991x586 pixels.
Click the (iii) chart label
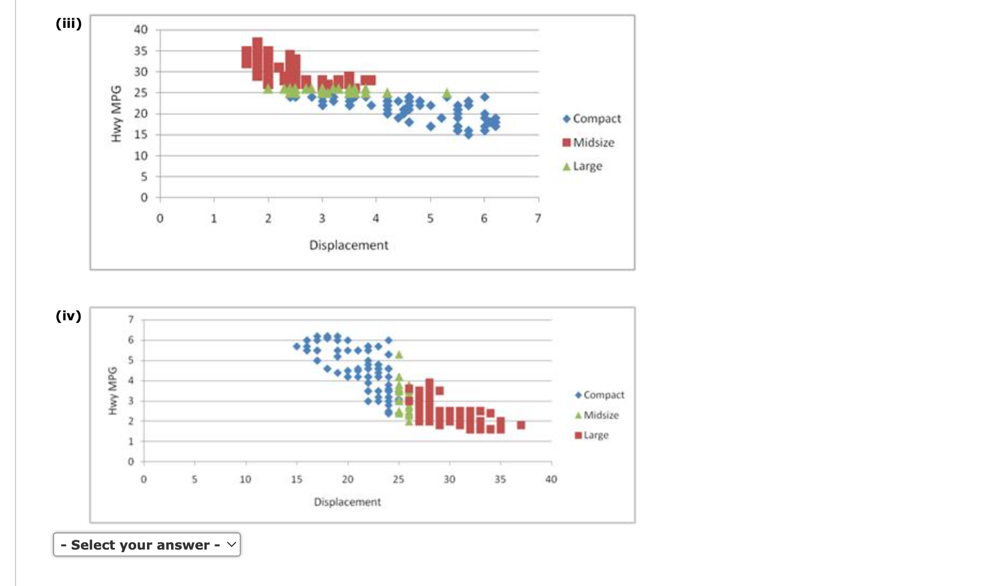click(x=69, y=24)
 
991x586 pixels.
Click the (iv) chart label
click(x=69, y=315)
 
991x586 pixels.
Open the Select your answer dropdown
click(x=147, y=545)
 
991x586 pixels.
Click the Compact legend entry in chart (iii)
click(x=592, y=118)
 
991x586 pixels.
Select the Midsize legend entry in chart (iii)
click(x=589, y=142)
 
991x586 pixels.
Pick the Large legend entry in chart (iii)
click(x=583, y=166)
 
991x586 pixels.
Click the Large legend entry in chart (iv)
click(x=592, y=435)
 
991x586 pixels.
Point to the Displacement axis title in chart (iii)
click(x=349, y=245)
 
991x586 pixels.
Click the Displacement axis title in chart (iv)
click(x=347, y=502)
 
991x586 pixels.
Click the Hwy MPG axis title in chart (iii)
click(x=115, y=114)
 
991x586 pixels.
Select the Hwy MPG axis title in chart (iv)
click(x=113, y=390)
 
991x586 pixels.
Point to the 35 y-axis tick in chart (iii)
click(x=140, y=51)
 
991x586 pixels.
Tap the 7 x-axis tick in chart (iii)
click(x=538, y=219)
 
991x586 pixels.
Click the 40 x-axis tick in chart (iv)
click(x=551, y=479)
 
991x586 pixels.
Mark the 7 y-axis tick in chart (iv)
click(x=131, y=320)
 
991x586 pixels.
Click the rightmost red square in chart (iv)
click(x=521, y=425)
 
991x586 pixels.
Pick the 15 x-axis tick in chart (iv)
click(x=297, y=479)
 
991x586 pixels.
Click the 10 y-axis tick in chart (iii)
click(x=140, y=156)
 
